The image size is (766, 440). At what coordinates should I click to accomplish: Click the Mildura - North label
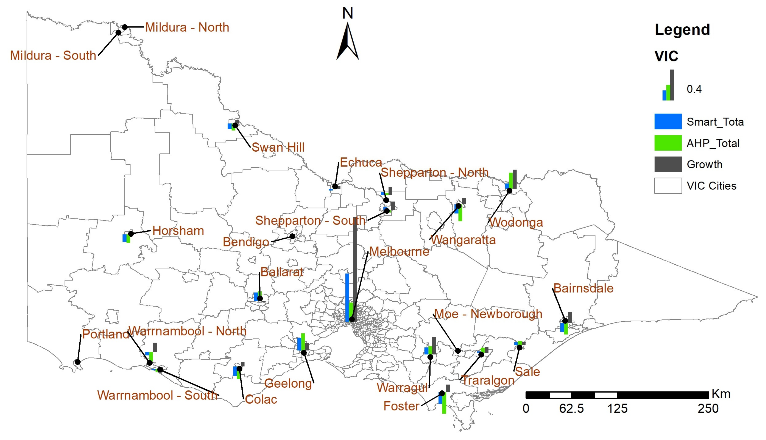click(187, 27)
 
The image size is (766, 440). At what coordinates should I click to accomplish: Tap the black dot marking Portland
click(78, 362)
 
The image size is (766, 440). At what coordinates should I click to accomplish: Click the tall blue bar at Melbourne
click(347, 298)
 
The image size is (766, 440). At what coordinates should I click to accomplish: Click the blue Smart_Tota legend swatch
click(668, 121)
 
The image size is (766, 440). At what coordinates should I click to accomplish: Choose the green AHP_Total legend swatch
click(668, 143)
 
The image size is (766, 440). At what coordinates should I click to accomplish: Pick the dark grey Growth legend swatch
click(668, 164)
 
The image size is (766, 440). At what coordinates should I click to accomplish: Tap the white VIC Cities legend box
click(668, 186)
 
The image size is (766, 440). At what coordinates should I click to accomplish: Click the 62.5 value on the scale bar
click(571, 409)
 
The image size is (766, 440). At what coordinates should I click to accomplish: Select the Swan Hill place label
click(278, 147)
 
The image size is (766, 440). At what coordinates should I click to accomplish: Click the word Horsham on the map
click(178, 231)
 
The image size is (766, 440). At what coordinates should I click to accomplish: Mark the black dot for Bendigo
click(292, 236)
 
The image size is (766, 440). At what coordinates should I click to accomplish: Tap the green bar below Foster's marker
click(444, 403)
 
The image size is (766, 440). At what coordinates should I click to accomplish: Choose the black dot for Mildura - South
click(118, 32)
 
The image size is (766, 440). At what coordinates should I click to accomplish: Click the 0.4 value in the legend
click(694, 89)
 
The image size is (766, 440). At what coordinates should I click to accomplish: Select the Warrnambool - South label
click(157, 395)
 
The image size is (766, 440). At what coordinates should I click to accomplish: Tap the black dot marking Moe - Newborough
click(458, 351)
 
